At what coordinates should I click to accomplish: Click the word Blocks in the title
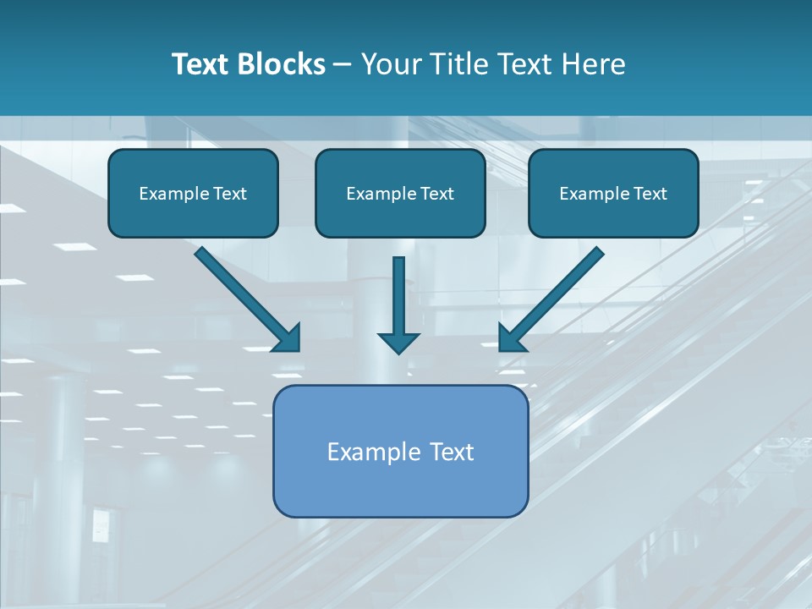pos(283,64)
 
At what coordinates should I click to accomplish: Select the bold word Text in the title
pos(203,64)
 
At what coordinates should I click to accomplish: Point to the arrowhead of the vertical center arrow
pos(398,342)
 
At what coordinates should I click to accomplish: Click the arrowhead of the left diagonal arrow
pos(288,338)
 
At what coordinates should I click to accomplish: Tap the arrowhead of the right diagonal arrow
pos(511,338)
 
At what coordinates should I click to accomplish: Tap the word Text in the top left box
pos(230,194)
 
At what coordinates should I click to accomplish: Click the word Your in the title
pos(389,64)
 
